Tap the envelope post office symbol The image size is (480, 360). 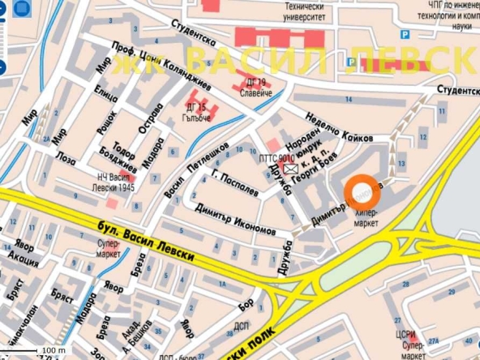(289, 169)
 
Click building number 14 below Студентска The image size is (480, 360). (349, 100)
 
